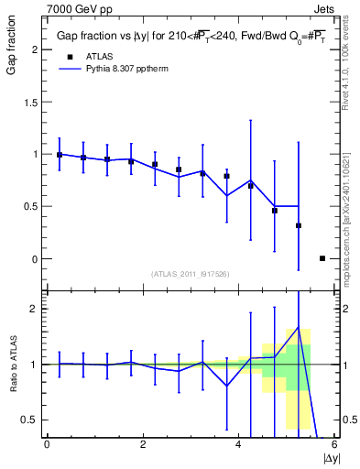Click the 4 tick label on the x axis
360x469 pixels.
click(239, 444)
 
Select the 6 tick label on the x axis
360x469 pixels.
click(334, 444)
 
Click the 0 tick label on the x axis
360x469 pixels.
click(47, 444)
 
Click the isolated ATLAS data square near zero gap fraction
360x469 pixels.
click(322, 258)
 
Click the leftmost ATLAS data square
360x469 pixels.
click(60, 155)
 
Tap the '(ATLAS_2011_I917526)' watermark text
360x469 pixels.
click(191, 273)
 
